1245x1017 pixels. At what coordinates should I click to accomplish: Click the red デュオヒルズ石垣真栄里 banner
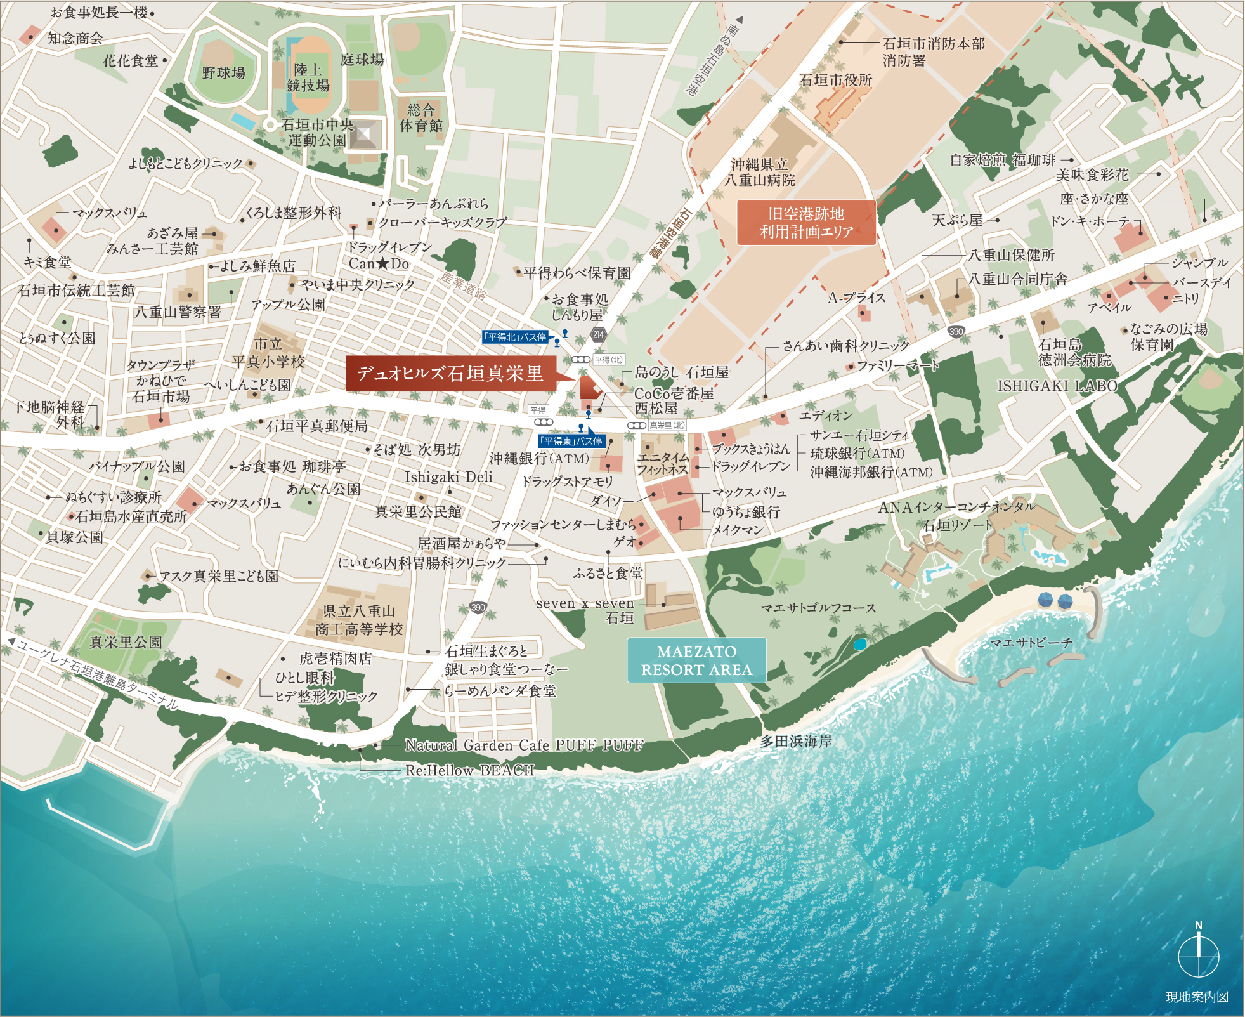point(450,373)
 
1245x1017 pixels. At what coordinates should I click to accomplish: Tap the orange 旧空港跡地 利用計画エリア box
point(805,223)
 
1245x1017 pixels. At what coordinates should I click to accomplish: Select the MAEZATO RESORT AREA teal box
point(696,660)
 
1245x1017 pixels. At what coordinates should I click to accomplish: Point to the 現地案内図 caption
point(1197,997)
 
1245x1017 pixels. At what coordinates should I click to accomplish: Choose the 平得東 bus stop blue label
point(571,441)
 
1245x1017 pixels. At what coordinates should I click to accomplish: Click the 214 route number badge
point(598,334)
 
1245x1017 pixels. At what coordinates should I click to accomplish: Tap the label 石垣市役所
point(835,80)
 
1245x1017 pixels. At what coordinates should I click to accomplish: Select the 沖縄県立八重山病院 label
point(760,173)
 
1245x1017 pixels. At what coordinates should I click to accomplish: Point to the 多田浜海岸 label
point(796,740)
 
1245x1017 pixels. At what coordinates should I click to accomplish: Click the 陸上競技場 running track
point(308,77)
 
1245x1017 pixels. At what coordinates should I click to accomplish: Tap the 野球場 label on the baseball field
point(223,73)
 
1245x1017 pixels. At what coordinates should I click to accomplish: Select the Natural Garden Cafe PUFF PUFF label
point(524,745)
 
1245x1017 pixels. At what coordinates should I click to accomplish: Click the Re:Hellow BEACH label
point(469,770)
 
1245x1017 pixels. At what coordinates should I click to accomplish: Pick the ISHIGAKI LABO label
point(1057,386)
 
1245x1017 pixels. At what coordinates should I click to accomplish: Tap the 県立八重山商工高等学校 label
point(359,620)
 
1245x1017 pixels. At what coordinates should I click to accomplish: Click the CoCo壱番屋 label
point(674,393)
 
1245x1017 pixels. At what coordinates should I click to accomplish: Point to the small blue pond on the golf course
point(859,645)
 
